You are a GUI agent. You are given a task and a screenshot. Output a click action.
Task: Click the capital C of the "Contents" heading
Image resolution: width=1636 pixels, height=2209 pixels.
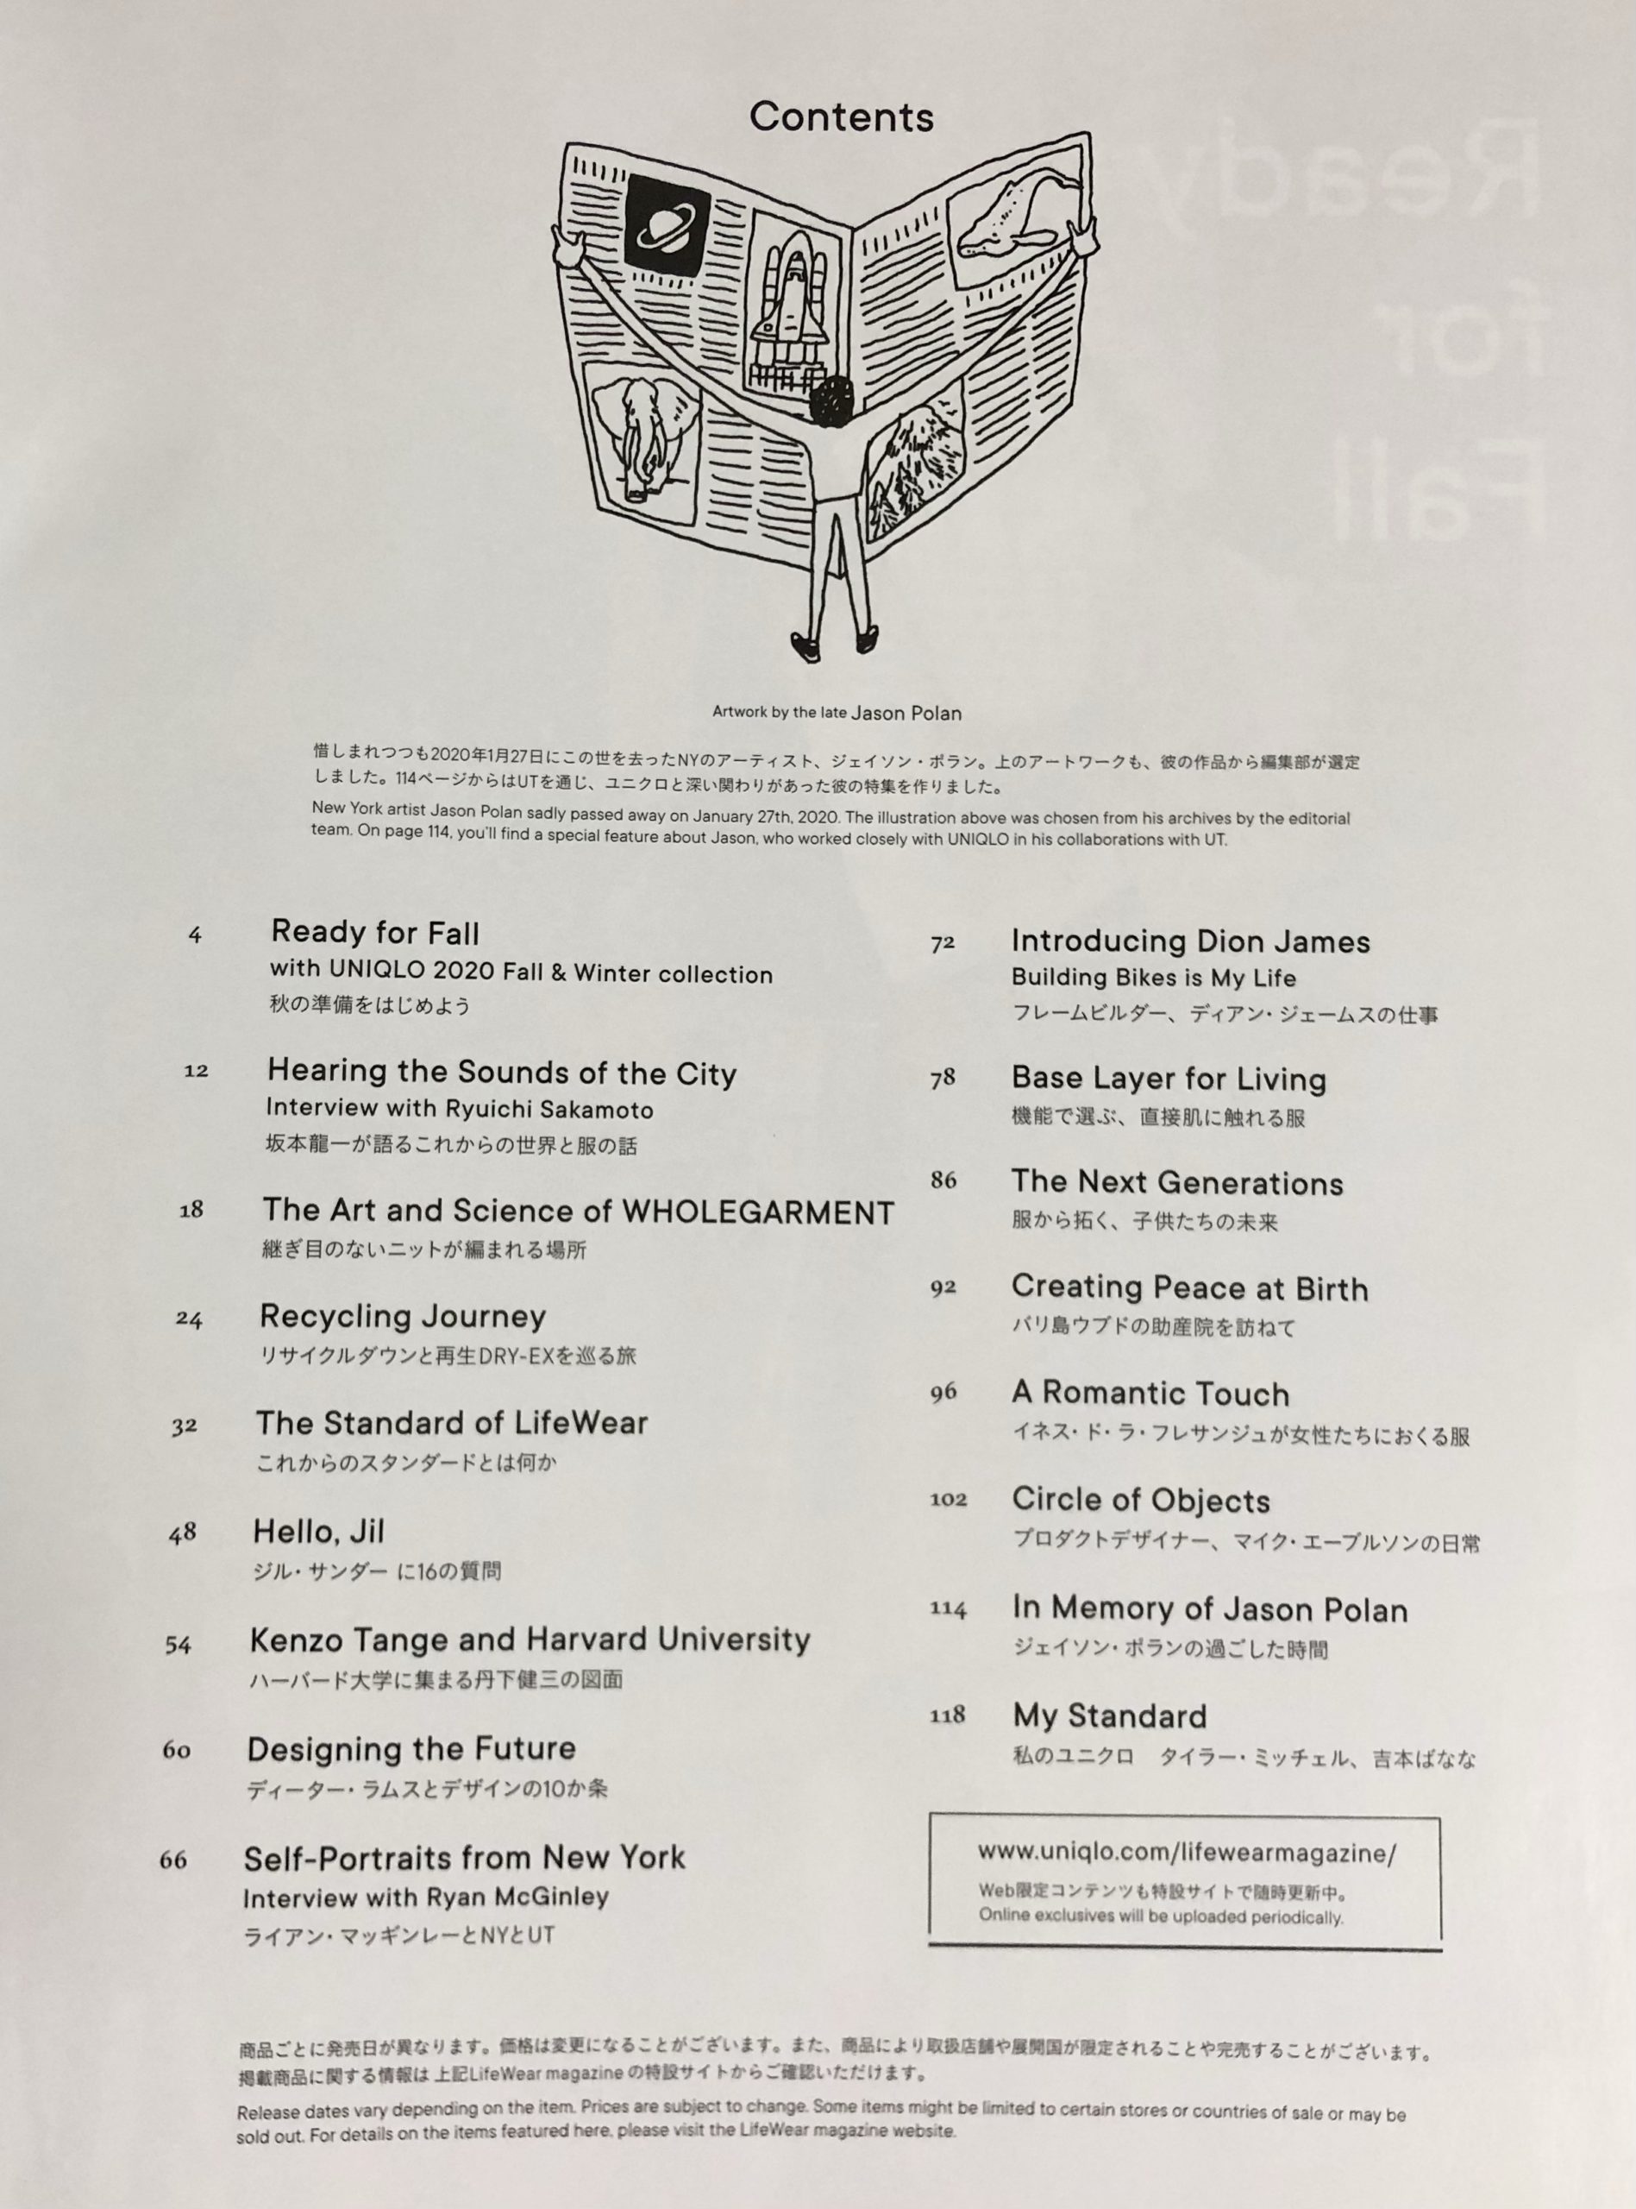pos(764,118)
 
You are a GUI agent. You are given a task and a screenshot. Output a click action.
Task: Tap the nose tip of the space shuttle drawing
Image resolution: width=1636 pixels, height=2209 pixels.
pos(793,245)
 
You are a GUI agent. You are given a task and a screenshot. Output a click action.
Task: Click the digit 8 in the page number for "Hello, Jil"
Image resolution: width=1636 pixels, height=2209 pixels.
pos(190,1533)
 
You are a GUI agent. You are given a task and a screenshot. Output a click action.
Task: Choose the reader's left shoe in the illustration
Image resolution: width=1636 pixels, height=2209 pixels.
pos(807,645)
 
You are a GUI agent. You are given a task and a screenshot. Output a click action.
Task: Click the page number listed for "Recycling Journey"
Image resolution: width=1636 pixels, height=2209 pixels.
pos(188,1319)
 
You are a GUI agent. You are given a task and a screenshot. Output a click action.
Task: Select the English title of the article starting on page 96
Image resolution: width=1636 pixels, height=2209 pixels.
pos(1150,1394)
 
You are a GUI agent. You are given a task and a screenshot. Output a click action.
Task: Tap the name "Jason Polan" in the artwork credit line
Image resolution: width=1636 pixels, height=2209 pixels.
pos(906,712)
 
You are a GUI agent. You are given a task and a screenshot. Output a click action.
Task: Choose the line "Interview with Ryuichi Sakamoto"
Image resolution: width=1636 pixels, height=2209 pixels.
pos(461,1109)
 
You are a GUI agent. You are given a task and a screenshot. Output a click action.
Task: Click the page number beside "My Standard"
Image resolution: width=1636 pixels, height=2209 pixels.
pos(947,1715)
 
